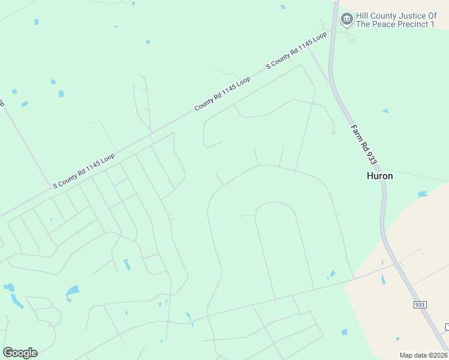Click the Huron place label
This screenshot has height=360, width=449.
[x=380, y=176]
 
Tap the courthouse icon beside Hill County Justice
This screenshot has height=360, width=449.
[x=346, y=19]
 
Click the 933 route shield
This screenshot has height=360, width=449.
[x=420, y=305]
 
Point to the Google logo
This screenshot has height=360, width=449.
[x=20, y=352]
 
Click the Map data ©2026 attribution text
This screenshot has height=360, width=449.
[x=424, y=355]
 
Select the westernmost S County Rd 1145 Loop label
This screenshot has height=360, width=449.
[x=83, y=171]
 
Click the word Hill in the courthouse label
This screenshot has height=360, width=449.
[x=364, y=16]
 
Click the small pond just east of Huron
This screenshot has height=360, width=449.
[x=422, y=194]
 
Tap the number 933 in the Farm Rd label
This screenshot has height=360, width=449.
[x=372, y=157]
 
